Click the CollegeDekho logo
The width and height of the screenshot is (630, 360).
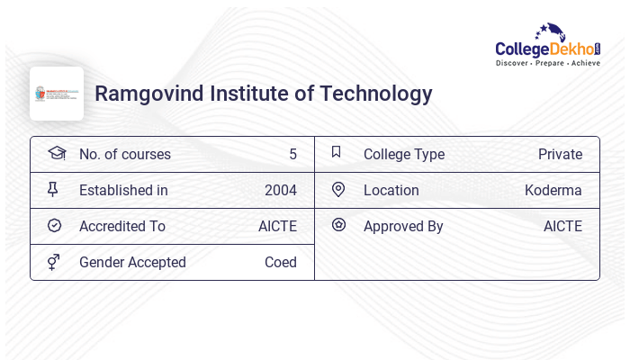pos(548,45)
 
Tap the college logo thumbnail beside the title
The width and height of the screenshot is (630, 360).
pos(57,94)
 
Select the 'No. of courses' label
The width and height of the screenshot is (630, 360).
pos(124,155)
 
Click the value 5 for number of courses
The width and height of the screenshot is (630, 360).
pos(292,155)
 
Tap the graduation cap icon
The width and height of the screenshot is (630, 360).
pos(56,153)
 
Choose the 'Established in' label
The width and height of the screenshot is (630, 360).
pos(123,191)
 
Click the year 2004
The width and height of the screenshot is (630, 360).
pos(280,191)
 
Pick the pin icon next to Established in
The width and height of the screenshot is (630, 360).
pos(54,190)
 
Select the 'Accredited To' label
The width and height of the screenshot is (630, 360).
pos(122,227)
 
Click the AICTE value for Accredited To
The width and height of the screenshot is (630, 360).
pos(277,227)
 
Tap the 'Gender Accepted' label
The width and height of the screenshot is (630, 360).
pos(132,263)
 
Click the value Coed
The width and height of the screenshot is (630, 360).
pos(280,263)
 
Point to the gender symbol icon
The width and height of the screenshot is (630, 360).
pos(54,262)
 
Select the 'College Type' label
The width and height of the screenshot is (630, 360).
pos(403,155)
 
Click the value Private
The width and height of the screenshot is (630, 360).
pos(560,155)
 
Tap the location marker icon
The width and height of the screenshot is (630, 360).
pos(338,190)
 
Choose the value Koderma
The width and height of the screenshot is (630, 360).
pos(553,191)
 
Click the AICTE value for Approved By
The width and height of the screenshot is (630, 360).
pos(562,227)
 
